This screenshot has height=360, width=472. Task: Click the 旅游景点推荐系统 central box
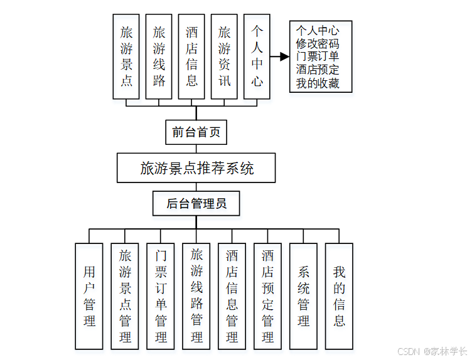tap(196, 168)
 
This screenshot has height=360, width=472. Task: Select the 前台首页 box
tap(196, 132)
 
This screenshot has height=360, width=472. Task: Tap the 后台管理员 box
tap(196, 203)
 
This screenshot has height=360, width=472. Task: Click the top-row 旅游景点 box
tap(126, 56)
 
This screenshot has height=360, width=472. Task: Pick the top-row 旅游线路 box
tap(159, 56)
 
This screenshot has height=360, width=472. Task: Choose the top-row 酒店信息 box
tap(191, 56)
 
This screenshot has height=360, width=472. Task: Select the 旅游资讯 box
tap(224, 56)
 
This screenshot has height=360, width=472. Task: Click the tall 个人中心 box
tap(257, 56)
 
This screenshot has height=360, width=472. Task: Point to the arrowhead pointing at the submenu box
tap(284, 56)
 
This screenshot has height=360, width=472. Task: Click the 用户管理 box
tap(89, 296)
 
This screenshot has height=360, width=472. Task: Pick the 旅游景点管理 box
tap(125, 296)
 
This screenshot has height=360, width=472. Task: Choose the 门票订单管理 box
tap(161, 296)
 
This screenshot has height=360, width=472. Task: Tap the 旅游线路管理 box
tap(196, 296)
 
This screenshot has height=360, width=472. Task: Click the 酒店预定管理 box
tap(267, 296)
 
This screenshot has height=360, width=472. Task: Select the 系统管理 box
tap(303, 296)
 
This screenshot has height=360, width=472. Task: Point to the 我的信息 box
tap(339, 296)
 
